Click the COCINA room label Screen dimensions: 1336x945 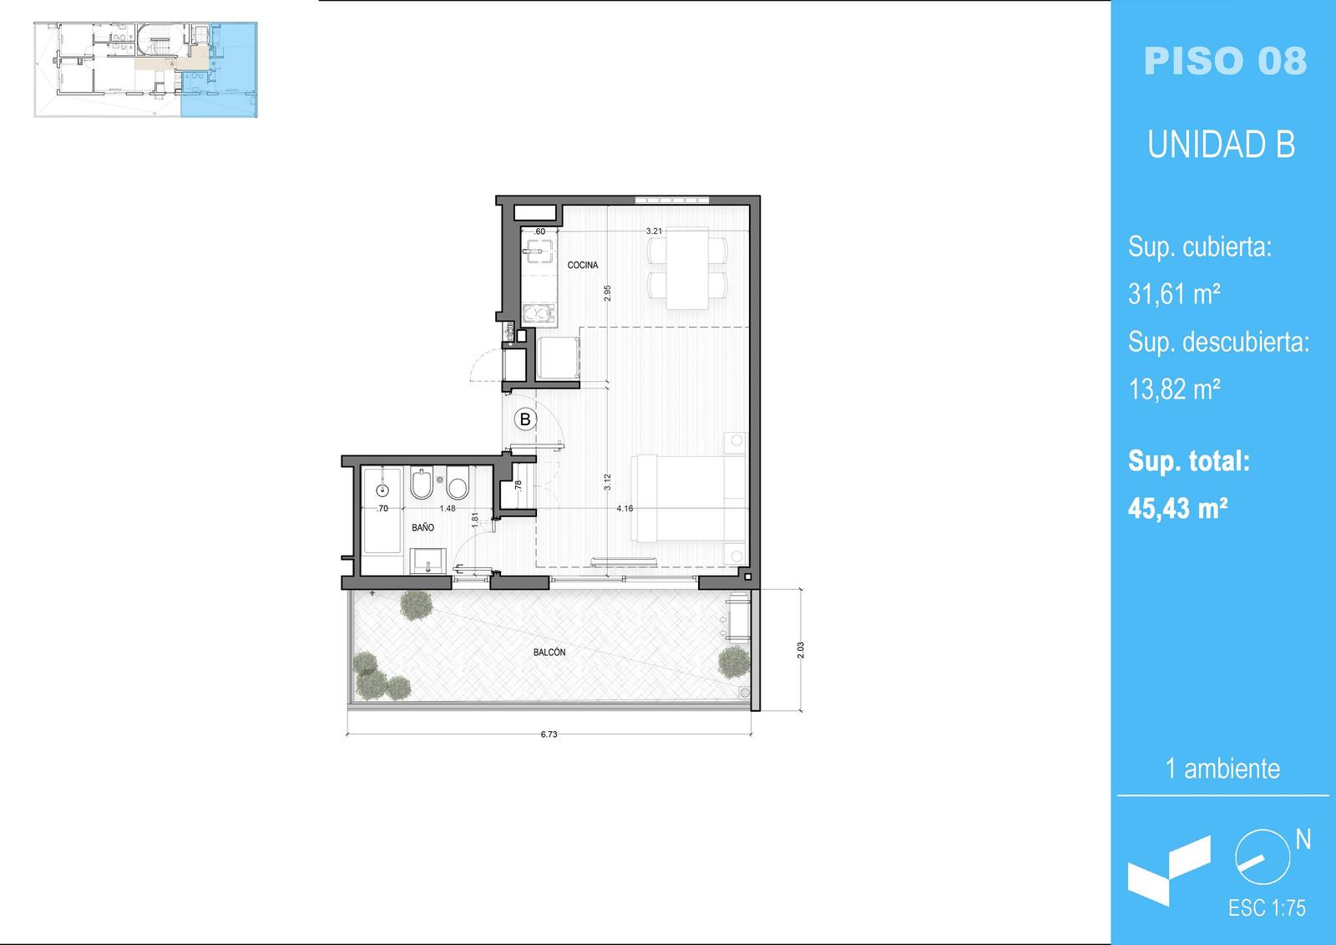coord(582,265)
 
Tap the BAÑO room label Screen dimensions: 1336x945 coord(423,528)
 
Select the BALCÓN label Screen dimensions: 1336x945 coord(549,653)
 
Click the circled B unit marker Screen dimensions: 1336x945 coord(525,419)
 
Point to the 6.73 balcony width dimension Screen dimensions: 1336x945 coord(549,734)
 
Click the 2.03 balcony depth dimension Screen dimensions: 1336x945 coord(801,650)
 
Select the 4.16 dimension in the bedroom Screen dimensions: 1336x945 coord(625,509)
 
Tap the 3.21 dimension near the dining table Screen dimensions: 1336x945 coord(654,231)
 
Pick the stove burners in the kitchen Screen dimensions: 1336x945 coord(539,314)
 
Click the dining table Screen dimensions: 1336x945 coord(687,268)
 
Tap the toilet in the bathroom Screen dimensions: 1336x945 coord(458,482)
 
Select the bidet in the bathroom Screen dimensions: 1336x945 coord(421,482)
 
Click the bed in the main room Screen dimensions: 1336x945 coord(689,499)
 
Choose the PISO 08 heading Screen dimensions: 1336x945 coord(1225,61)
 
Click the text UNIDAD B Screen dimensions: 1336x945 coord(1222,145)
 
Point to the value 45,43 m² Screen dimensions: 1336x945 coord(1177,509)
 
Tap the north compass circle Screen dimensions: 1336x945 coord(1263,857)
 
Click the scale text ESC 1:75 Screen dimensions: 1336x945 coord(1267,908)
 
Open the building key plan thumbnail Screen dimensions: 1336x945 coord(145,69)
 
